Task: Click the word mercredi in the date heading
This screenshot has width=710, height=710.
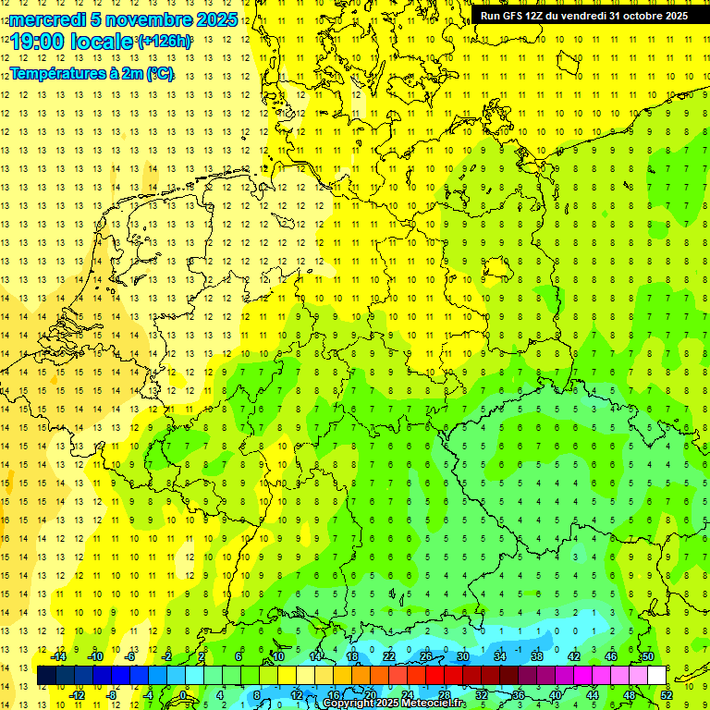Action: click(47, 19)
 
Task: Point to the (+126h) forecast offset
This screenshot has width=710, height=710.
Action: click(165, 42)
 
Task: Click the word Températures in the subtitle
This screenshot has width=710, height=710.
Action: click(55, 73)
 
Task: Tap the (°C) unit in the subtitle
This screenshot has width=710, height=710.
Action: click(158, 73)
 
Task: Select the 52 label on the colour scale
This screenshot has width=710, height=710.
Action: click(667, 695)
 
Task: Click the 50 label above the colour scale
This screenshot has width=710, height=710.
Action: click(648, 655)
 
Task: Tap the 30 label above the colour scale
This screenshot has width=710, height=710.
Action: click(463, 655)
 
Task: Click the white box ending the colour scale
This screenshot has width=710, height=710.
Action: click(656, 675)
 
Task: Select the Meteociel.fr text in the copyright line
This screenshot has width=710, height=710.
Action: click(435, 704)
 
